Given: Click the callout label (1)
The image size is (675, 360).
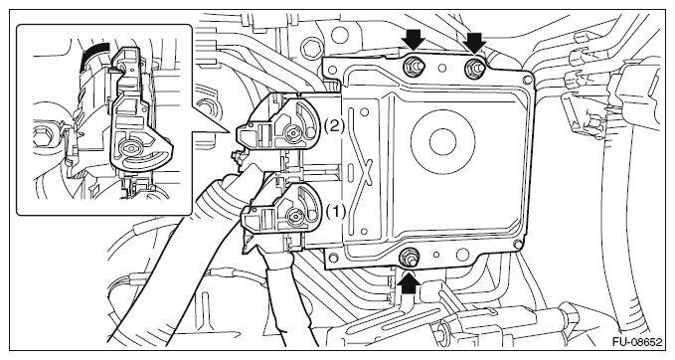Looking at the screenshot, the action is coord(335,212).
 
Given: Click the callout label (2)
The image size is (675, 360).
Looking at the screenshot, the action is coord(334,126).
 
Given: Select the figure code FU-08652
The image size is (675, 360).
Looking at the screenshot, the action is coord(637,342).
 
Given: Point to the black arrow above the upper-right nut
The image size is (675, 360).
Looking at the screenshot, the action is coord(475,42).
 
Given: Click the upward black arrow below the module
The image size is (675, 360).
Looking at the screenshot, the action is coord(409,283).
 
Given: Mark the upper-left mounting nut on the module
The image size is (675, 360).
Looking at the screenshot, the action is coord(414,66).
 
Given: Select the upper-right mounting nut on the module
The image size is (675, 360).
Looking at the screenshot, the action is coord(473,67).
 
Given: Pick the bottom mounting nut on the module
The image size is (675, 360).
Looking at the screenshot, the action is coord(408,259).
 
